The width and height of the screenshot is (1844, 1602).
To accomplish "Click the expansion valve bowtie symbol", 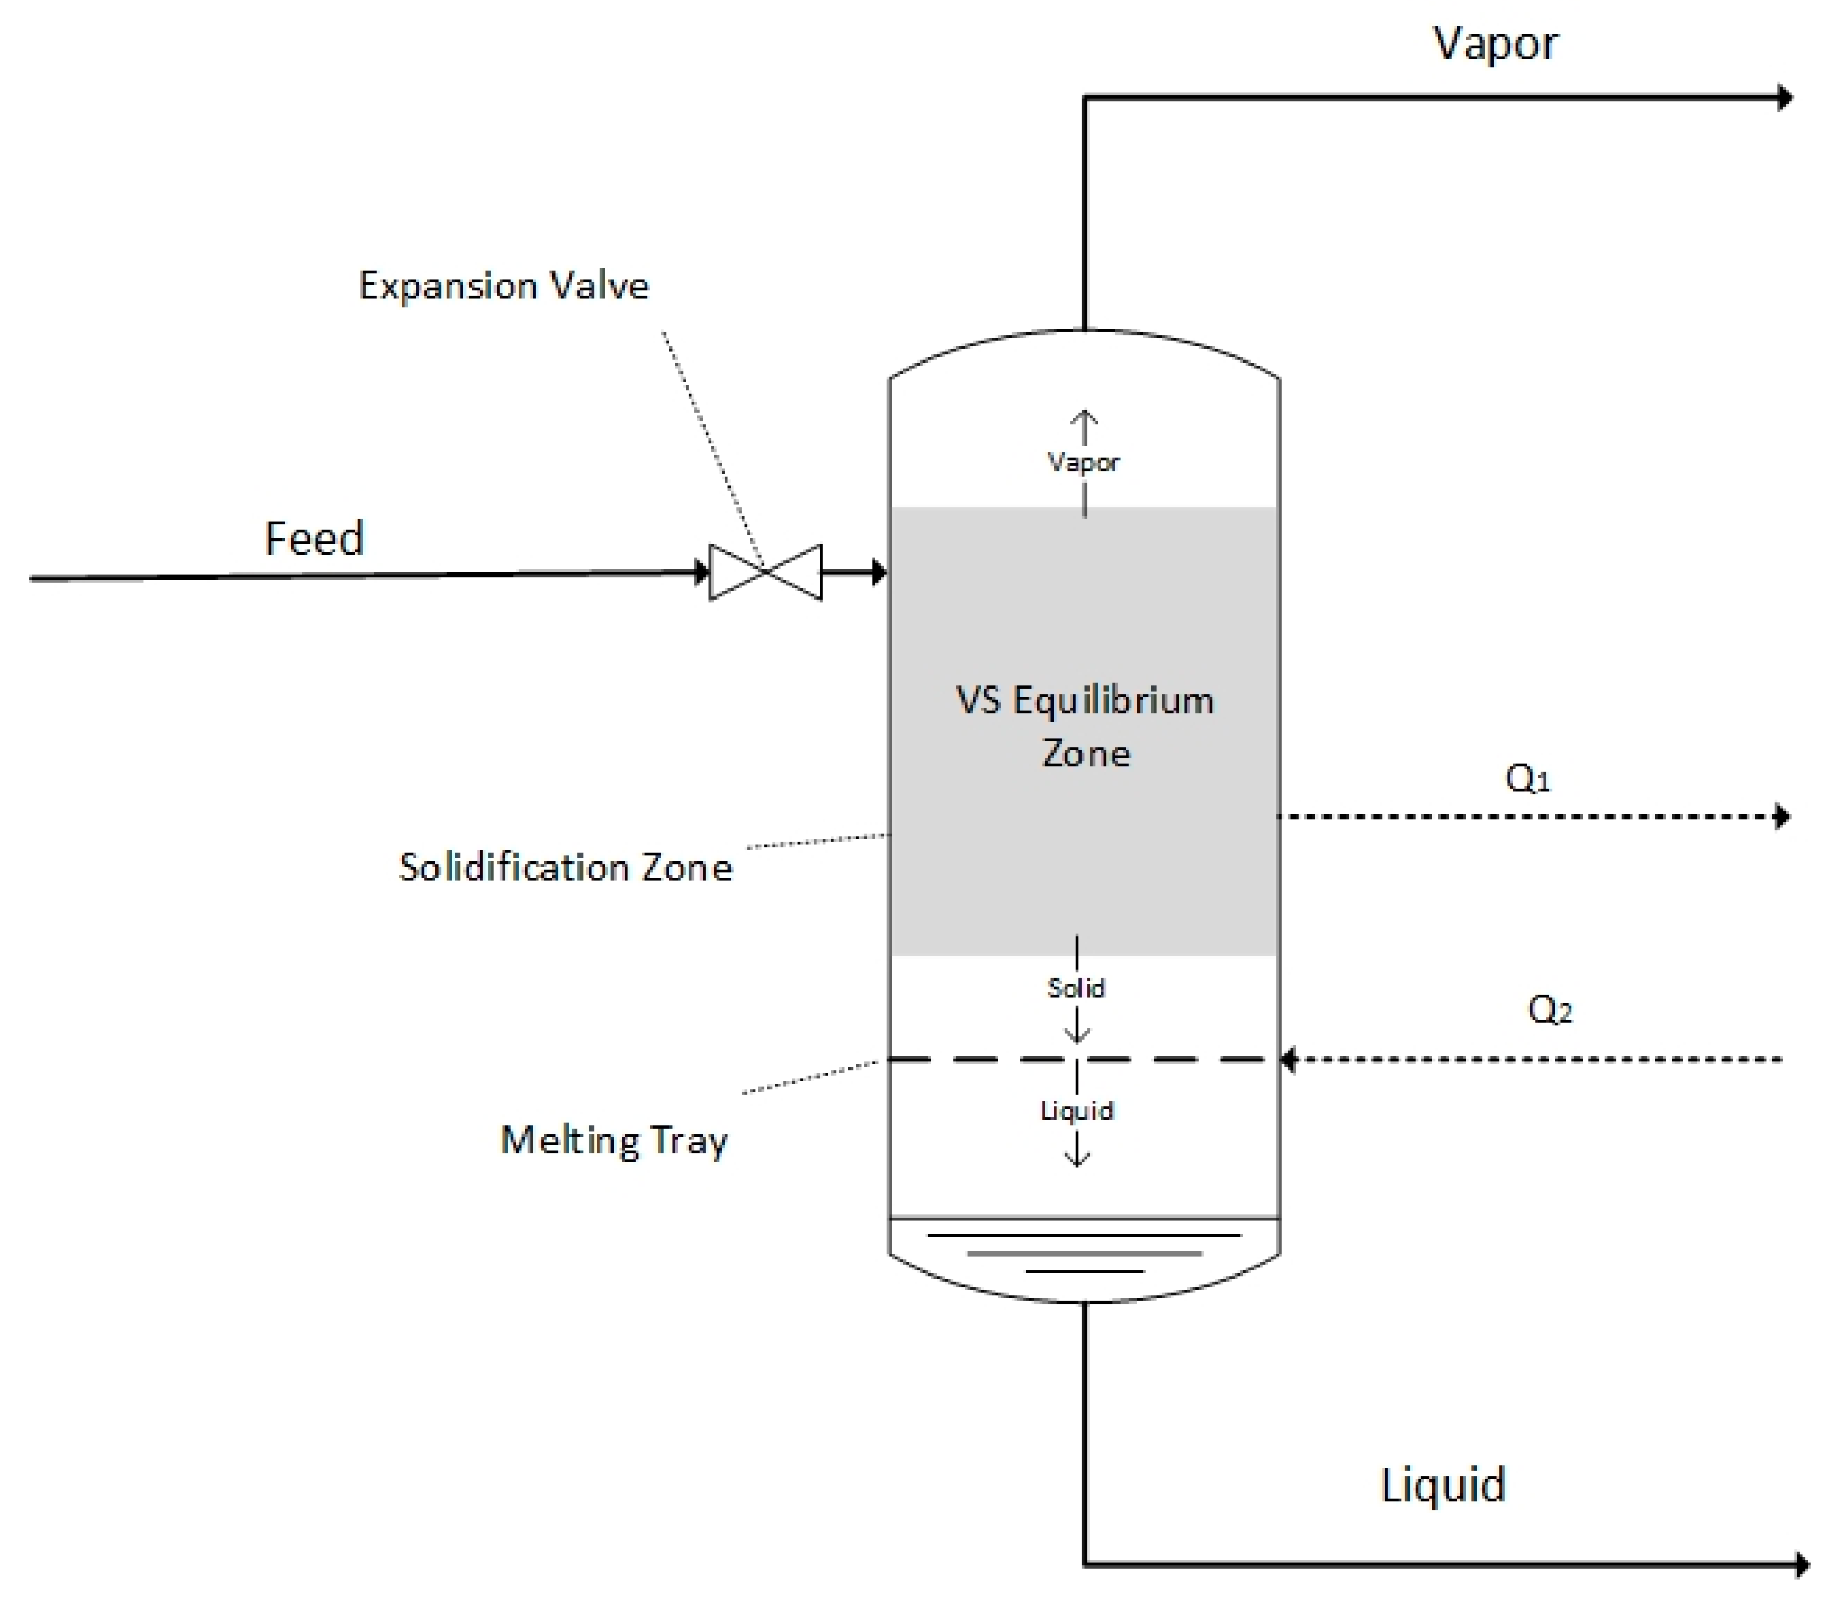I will click(765, 572).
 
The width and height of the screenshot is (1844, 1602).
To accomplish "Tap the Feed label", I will click(315, 538).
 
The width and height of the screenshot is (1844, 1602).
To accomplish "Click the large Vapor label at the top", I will click(1495, 44).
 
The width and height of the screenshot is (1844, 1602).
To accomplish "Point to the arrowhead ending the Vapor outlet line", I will click(1784, 97).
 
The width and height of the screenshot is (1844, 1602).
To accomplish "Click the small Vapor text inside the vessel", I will click(1083, 462).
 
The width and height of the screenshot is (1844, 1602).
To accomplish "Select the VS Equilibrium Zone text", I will click(1085, 726).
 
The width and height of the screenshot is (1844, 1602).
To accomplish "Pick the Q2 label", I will click(1550, 1009).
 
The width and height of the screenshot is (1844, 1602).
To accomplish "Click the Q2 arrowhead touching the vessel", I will click(1288, 1059).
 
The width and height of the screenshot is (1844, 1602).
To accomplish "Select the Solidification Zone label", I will click(565, 867).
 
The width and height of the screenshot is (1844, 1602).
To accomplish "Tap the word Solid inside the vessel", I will click(1076, 988).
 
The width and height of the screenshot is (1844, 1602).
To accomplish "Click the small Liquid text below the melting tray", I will click(1077, 1110).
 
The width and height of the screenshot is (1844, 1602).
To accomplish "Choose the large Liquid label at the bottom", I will click(1443, 1485).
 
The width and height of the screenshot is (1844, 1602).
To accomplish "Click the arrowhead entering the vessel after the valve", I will click(880, 572).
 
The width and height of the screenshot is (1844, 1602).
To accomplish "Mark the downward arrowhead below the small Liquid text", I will click(1077, 1161).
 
